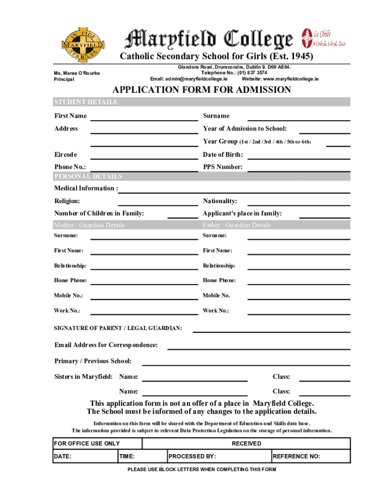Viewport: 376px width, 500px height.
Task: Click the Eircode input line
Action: (144, 156)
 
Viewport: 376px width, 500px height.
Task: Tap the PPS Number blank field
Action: (299, 168)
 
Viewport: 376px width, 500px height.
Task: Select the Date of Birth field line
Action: (299, 156)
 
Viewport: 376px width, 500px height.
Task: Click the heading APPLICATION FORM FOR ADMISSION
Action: (202, 90)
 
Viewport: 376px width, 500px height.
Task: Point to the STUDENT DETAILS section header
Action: (85, 102)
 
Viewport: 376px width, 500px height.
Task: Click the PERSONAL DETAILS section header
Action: (88, 176)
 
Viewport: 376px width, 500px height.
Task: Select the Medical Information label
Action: (86, 188)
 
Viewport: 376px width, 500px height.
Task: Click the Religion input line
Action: (158, 202)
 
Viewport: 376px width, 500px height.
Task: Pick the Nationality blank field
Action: (299, 202)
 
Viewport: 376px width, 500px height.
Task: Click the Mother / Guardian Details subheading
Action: (89, 225)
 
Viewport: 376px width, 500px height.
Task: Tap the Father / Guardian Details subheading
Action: (237, 225)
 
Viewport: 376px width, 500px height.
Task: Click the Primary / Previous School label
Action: (93, 361)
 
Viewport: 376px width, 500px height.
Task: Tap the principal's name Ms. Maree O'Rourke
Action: (77, 73)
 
